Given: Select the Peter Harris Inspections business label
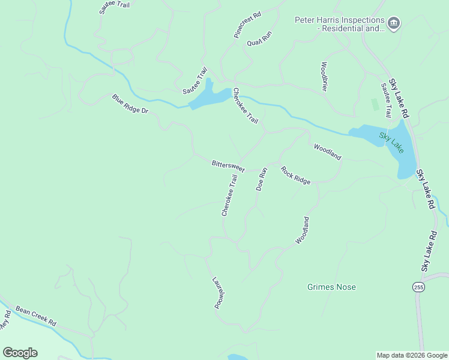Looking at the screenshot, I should [339, 24].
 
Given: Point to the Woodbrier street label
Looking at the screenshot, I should [325, 76].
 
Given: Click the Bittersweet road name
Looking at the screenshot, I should [228, 166].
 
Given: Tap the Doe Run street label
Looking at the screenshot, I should [261, 179].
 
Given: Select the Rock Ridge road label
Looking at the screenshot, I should [295, 175].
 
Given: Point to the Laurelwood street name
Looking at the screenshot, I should [218, 293].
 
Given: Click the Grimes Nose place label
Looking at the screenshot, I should [331, 287].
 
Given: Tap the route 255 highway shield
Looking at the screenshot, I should [418, 287].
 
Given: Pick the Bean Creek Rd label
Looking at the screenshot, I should [35, 316].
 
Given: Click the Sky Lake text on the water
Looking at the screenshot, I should [391, 140].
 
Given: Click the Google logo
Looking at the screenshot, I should [20, 353].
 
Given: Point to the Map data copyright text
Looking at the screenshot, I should [412, 355].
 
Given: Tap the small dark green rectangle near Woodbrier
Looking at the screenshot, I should [375, 104].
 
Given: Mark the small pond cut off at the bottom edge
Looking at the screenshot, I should [238, 357].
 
